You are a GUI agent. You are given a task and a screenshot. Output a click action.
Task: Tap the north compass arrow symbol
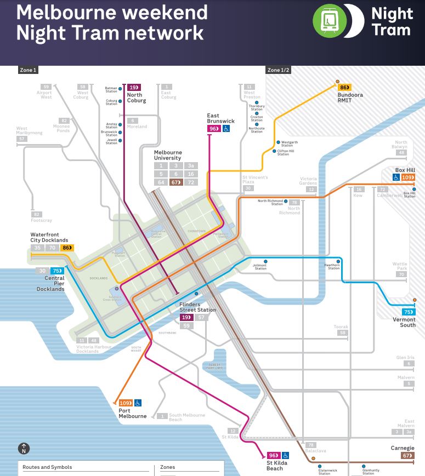24,449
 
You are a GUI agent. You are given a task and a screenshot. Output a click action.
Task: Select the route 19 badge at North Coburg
134,87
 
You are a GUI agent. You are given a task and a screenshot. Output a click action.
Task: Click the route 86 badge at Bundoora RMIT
345,87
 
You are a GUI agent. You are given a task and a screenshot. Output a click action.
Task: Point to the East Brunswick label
220,118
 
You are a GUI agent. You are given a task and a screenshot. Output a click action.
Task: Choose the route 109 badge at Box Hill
408,177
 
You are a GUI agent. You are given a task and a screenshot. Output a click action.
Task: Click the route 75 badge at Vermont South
409,312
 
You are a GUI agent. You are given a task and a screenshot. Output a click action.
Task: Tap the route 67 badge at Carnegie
407,455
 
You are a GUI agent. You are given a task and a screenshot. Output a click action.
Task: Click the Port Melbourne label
133,414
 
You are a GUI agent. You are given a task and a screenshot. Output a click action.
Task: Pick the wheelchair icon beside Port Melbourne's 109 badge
138,403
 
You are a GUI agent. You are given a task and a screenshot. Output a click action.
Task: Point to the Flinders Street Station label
197,307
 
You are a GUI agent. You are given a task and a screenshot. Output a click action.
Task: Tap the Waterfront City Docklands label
49,238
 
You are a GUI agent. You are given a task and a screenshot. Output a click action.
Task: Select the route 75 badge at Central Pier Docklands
56,271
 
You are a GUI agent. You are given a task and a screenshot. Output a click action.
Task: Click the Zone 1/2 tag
279,70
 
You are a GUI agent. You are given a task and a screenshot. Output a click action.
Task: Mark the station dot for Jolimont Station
265,261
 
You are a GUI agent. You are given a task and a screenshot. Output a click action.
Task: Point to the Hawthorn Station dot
338,261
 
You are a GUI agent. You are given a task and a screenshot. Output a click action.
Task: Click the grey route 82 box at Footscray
37,214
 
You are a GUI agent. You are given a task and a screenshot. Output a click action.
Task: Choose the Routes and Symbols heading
47,467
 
